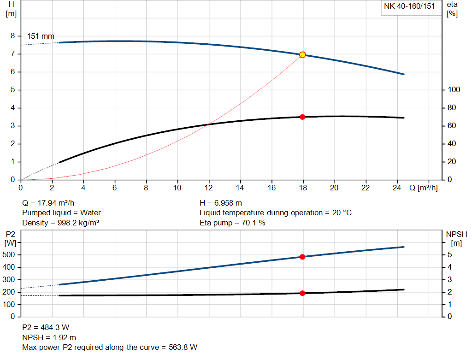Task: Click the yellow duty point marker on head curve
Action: click(302, 55)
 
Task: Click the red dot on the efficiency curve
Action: click(302, 117)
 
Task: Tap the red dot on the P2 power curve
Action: click(302, 257)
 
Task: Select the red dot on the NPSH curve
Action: click(302, 293)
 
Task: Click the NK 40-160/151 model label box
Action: click(409, 6)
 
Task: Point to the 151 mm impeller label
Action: click(41, 36)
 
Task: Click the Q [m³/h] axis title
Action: click(423, 188)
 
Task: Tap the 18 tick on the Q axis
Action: click(303, 188)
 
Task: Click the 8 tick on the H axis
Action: click(13, 36)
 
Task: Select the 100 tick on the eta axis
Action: click(454, 90)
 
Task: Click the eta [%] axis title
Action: click(452, 9)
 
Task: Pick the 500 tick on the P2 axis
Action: click(10, 255)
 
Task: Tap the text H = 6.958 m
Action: click(221, 203)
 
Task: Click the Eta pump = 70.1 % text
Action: click(232, 223)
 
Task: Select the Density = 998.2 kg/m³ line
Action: click(61, 223)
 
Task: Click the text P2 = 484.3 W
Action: click(46, 327)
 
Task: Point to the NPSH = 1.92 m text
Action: click(49, 337)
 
